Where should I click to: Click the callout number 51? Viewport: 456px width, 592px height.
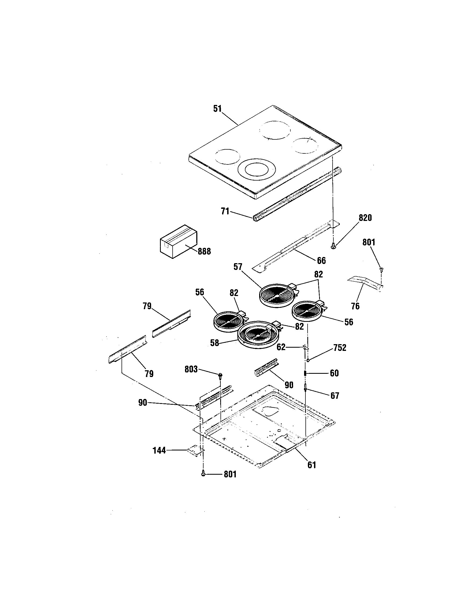coord(217,109)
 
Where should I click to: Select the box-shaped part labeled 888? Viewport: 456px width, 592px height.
coord(179,242)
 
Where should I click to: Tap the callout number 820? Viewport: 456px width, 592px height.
coord(365,218)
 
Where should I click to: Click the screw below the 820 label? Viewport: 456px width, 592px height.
coord(333,246)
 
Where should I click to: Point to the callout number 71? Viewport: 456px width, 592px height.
coord(225,211)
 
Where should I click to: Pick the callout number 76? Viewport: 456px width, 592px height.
coord(355,306)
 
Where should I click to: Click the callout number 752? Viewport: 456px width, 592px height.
coord(340,348)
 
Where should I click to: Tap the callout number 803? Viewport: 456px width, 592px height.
coord(191,369)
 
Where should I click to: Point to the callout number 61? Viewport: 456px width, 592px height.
coord(312,465)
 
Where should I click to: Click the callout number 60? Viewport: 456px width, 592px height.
coord(334,373)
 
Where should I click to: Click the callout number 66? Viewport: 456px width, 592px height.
coord(321,260)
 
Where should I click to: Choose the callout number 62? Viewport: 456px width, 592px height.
coord(281,347)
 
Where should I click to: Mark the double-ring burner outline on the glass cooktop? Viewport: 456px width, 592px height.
coord(253,170)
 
